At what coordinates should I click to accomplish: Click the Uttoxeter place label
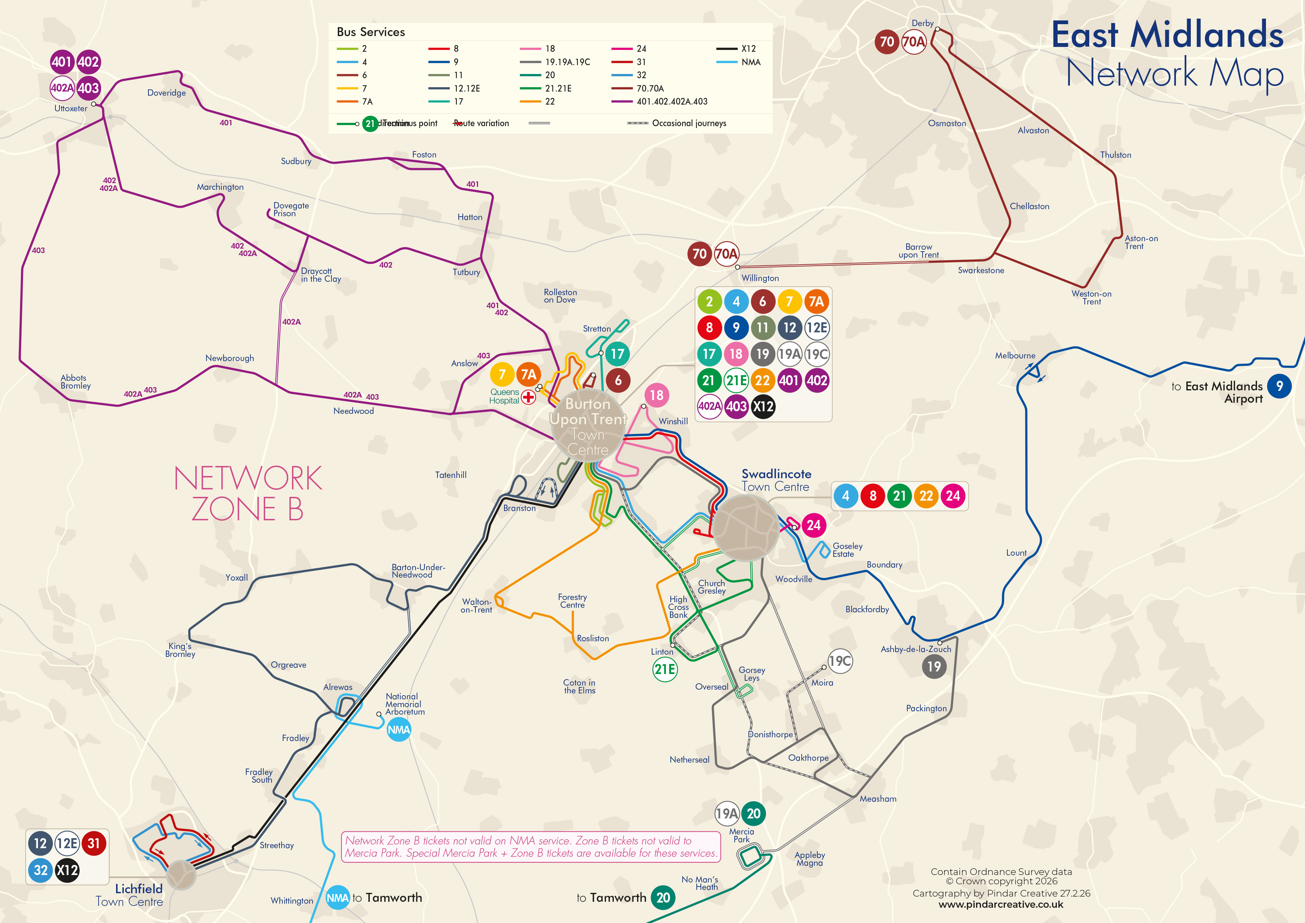(71, 108)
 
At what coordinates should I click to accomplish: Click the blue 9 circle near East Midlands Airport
(1279, 386)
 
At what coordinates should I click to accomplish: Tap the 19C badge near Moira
(840, 661)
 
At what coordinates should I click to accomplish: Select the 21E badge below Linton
(664, 669)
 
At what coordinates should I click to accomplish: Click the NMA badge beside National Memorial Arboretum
(398, 729)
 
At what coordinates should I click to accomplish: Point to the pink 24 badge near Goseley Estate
(813, 525)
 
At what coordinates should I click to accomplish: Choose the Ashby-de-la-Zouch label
(916, 649)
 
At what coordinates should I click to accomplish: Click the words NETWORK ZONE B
(248, 493)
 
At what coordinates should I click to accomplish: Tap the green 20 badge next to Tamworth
(663, 897)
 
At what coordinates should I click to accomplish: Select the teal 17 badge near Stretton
(617, 354)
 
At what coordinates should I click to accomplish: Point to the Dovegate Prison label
(291, 209)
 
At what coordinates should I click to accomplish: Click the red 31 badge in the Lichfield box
(94, 843)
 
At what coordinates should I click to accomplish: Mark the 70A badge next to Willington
(726, 254)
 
